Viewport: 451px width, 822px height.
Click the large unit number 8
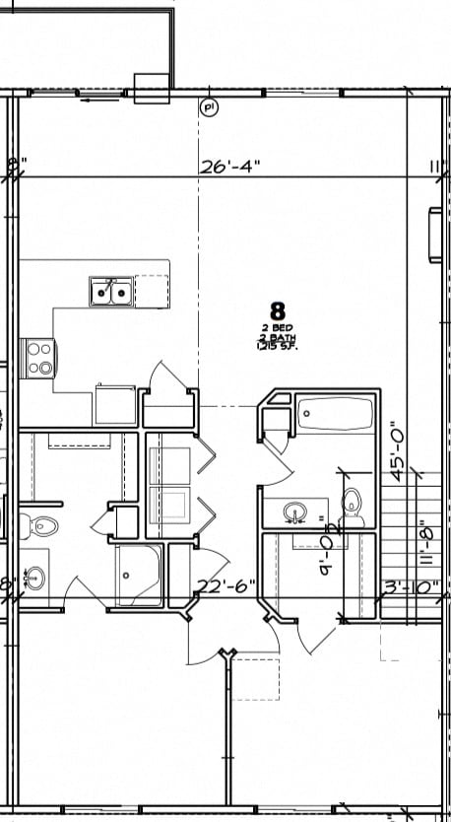pos(277,311)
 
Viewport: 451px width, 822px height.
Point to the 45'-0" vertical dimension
pos(400,449)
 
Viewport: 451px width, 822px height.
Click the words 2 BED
pos(277,328)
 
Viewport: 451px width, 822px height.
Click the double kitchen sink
pos(110,291)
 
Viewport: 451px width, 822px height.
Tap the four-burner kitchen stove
pos(39,357)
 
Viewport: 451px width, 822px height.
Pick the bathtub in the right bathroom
pos(335,414)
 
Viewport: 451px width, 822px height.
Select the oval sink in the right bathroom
pos(293,513)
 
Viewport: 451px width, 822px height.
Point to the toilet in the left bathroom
pos(41,524)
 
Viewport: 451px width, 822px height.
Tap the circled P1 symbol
pos(209,107)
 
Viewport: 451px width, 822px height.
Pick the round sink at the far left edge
pos(33,578)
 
